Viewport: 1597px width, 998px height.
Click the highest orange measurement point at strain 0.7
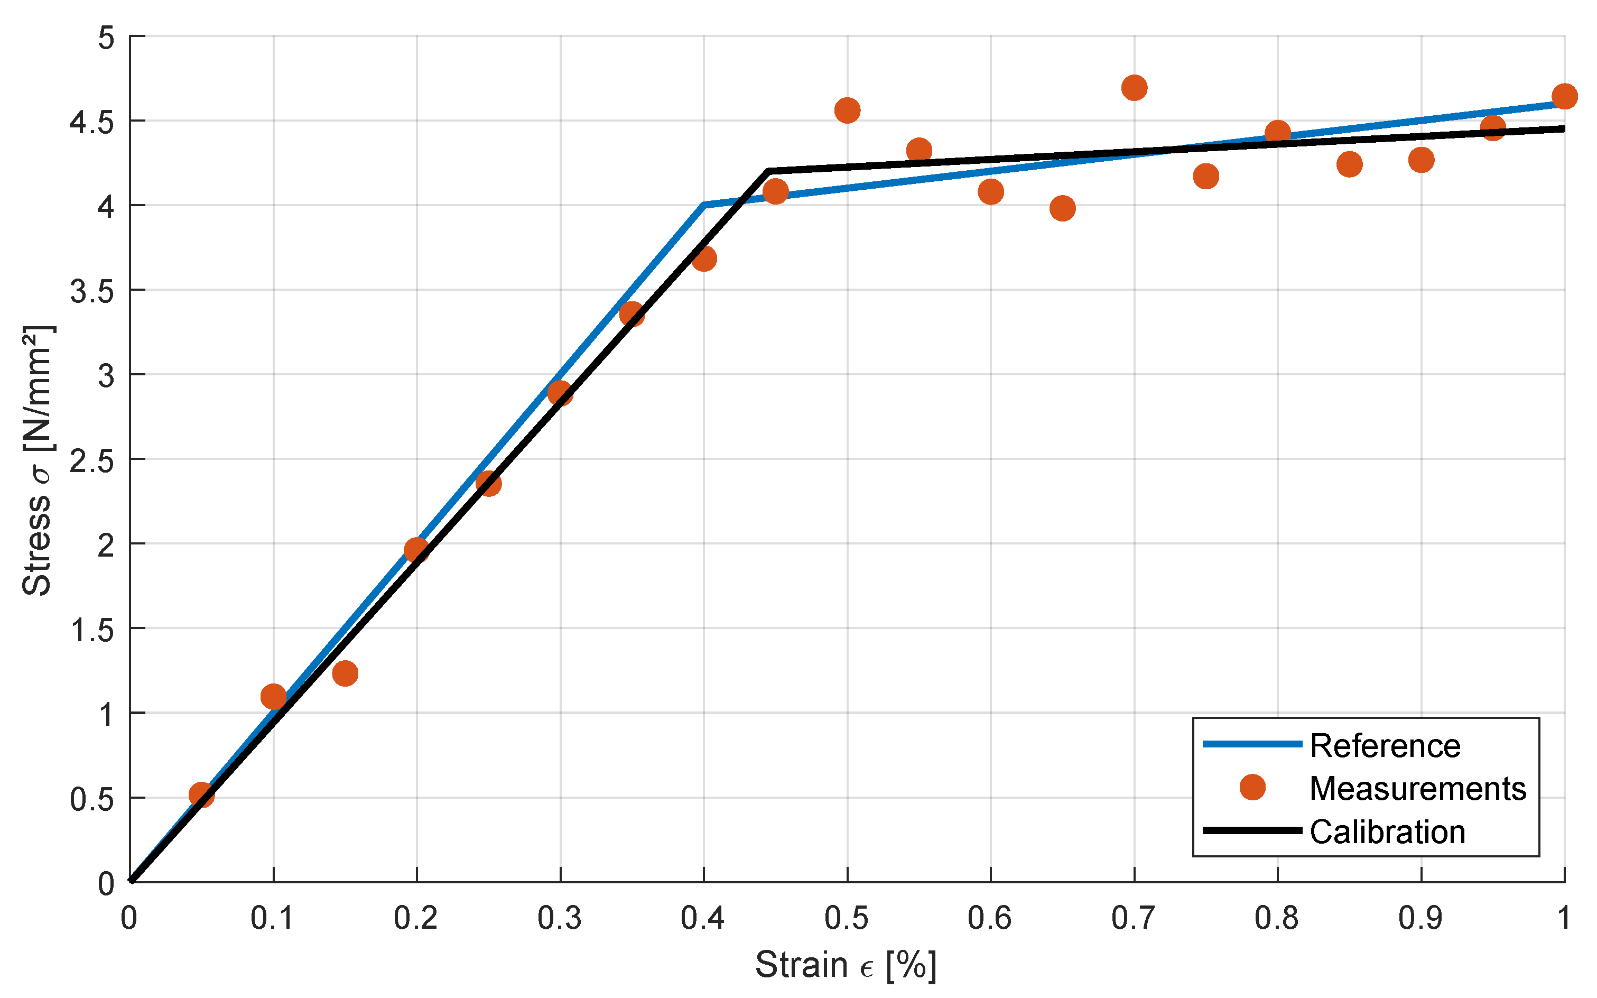[x=1134, y=88]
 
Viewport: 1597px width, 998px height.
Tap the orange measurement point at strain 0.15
[x=345, y=673]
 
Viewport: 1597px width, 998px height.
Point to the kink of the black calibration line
[x=769, y=171]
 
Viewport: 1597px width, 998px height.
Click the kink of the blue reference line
[x=704, y=205]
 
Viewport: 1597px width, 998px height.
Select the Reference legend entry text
[x=1385, y=746]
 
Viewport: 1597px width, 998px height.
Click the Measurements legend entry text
[x=1417, y=789]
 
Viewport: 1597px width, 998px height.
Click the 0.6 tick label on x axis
[x=990, y=918]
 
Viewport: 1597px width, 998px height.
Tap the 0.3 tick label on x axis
[x=560, y=918]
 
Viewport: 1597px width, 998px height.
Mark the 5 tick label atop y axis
[x=106, y=38]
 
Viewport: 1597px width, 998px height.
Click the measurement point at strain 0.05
[x=201, y=794]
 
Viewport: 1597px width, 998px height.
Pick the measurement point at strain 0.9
[x=1421, y=160]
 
